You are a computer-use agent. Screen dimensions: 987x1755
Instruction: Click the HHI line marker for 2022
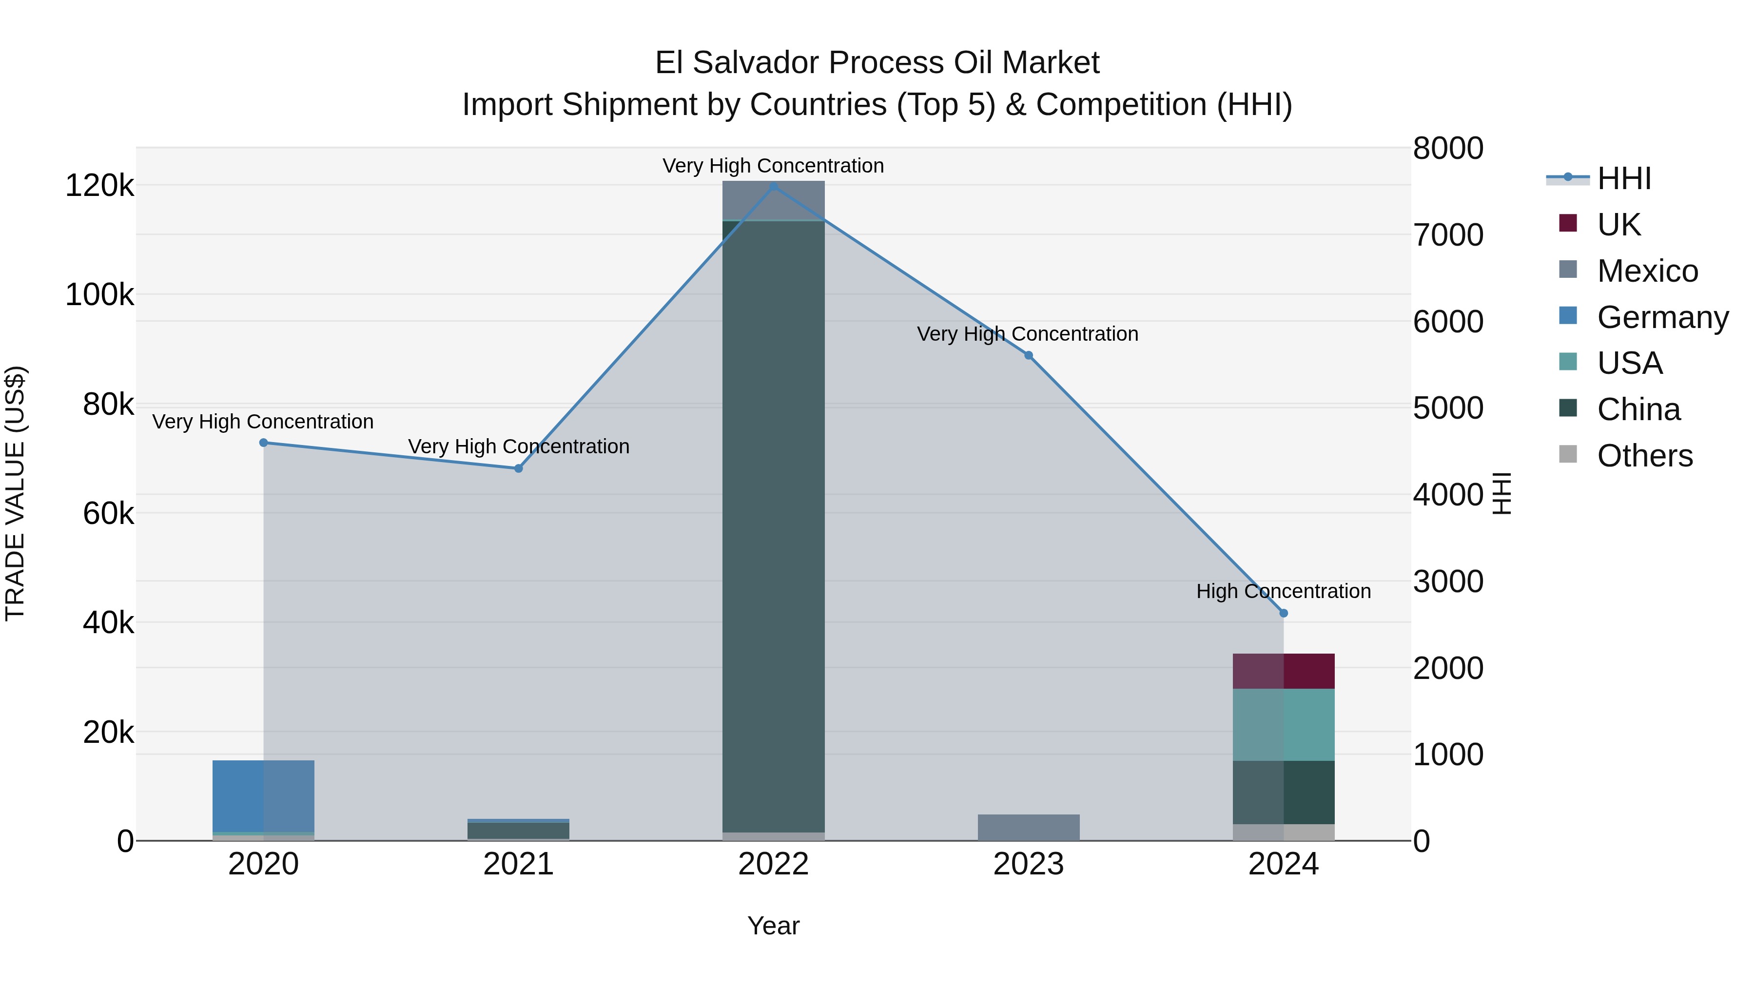click(773, 186)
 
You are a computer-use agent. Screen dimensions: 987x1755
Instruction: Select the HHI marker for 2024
click(1284, 613)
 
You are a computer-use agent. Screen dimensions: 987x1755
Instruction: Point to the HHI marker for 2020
click(264, 443)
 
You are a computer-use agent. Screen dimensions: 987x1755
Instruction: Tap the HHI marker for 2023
click(1029, 356)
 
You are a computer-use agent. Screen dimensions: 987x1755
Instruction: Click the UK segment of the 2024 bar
click(1284, 671)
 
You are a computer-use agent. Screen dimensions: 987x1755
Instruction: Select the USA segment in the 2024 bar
click(1284, 724)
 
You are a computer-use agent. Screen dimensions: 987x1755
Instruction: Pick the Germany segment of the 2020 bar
click(264, 795)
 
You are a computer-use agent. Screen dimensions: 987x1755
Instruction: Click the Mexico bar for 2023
click(1029, 827)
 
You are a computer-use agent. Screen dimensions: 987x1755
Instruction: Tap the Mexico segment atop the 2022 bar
click(773, 200)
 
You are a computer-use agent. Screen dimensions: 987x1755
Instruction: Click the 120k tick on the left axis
click(99, 185)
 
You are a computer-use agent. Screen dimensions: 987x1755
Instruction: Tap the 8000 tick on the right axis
click(1448, 149)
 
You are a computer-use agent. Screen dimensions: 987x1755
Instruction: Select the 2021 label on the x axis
click(519, 864)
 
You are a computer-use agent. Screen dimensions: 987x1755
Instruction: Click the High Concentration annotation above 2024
click(1284, 591)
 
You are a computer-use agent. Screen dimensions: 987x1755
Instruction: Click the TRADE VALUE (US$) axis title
click(16, 493)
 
